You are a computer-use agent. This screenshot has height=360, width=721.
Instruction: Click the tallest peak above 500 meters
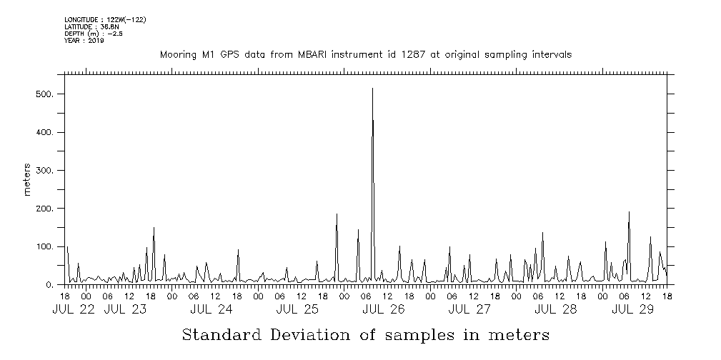click(372, 89)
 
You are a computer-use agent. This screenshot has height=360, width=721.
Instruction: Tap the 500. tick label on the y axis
click(45, 94)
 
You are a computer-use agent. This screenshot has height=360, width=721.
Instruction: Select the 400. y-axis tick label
click(45, 133)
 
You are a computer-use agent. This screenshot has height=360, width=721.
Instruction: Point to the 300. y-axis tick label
click(45, 171)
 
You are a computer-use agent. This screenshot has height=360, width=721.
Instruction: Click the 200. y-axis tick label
click(45, 209)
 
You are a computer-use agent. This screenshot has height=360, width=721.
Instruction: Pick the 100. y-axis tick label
click(45, 247)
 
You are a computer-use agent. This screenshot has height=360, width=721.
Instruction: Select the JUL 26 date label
click(384, 309)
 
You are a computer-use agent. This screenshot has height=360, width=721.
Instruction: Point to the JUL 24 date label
click(212, 309)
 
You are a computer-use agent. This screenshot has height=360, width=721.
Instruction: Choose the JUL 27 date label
click(469, 309)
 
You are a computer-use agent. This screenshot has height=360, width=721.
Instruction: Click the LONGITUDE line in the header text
click(105, 19)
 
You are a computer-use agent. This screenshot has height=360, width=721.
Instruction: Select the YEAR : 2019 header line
click(84, 41)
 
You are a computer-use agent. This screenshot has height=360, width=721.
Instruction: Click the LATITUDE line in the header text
click(91, 26)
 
